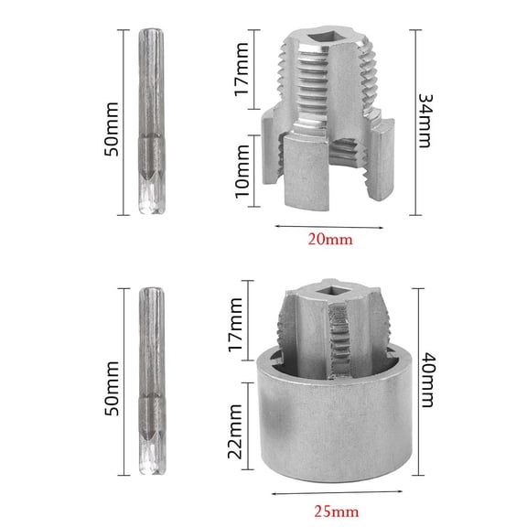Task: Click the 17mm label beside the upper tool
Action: pos(242,74)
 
